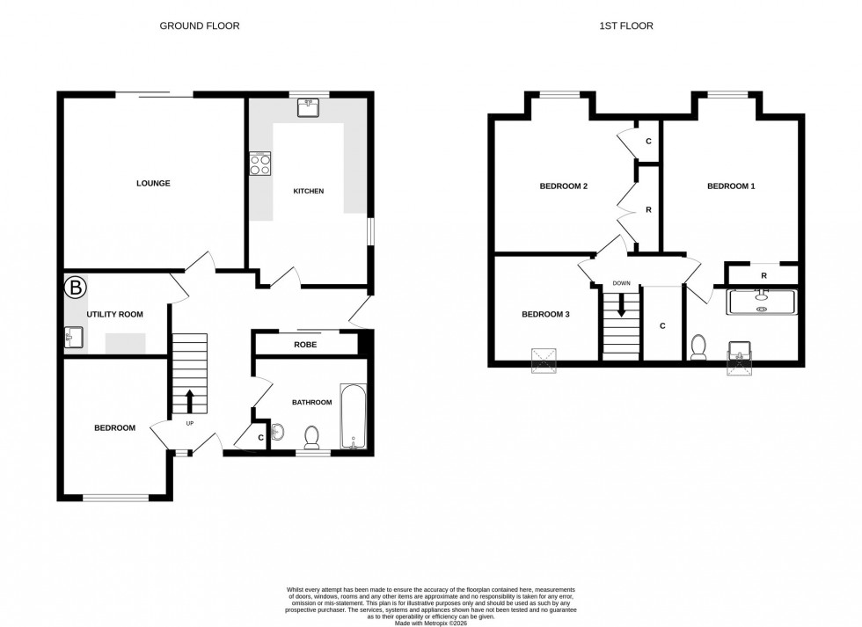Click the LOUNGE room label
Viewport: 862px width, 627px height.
153,184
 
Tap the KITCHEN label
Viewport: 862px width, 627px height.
308,191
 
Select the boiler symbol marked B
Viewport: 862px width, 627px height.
77,287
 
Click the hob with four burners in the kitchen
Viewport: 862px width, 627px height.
259,164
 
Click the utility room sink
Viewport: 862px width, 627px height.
72,338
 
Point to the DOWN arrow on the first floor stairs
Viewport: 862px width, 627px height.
622,305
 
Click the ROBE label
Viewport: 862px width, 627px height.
306,345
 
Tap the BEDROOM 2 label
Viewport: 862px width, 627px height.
563,186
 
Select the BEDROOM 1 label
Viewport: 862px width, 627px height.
731,186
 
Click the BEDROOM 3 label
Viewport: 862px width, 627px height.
545,314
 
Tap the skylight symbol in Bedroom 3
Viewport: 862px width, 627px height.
544,360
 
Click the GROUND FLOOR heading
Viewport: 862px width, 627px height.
199,26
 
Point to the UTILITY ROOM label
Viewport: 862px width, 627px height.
114,314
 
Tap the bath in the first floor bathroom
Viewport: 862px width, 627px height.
761,302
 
